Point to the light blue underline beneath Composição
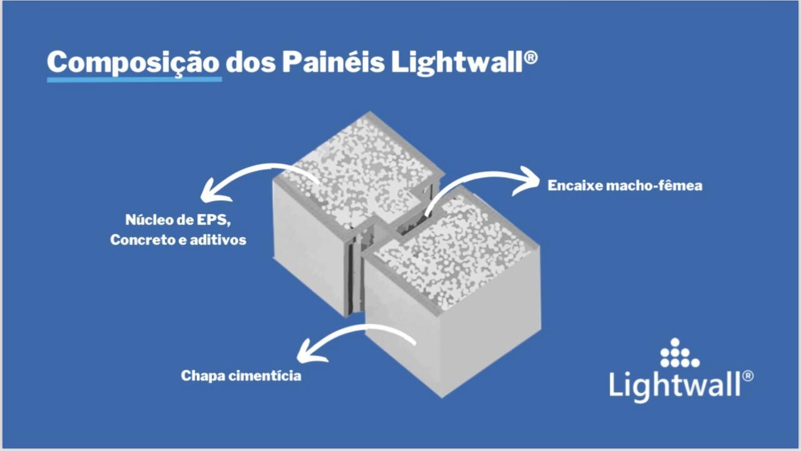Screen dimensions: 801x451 click(135, 79)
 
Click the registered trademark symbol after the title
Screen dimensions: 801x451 click(531, 58)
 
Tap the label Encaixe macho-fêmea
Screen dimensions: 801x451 click(625, 186)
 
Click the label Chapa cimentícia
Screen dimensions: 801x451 click(241, 376)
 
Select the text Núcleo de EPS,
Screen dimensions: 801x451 click(178, 220)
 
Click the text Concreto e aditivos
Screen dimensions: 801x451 click(178, 240)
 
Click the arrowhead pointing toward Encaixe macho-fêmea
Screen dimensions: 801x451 click(528, 181)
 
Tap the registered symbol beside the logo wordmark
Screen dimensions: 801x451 click(748, 376)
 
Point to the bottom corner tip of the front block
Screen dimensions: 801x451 click(442, 398)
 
